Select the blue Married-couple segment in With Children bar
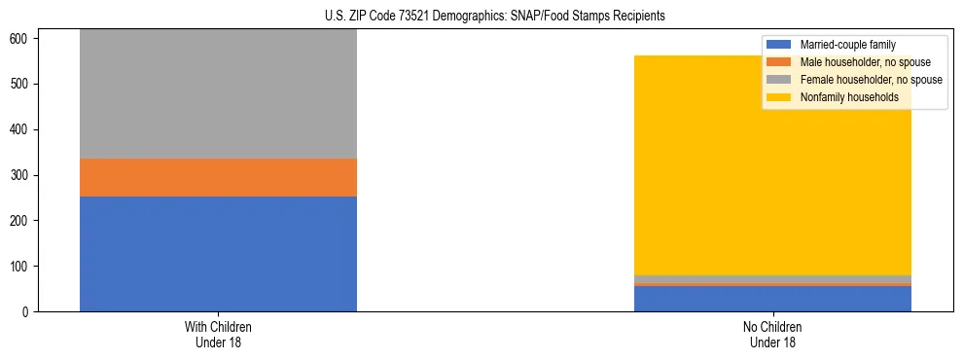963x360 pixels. [x=218, y=254]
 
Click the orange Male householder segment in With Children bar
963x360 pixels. [x=218, y=178]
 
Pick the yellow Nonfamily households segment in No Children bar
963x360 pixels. [x=772, y=165]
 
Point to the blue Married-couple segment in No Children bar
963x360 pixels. [x=772, y=299]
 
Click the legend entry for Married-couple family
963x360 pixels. [x=847, y=45]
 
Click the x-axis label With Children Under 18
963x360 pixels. [x=218, y=335]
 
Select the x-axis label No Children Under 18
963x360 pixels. [x=772, y=335]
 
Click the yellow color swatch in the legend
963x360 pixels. [x=779, y=97]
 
